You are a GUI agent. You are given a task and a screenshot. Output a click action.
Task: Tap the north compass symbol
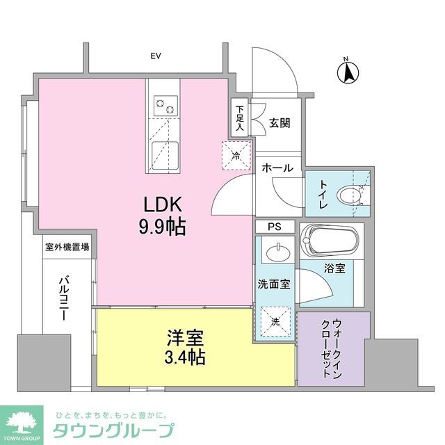(348, 72)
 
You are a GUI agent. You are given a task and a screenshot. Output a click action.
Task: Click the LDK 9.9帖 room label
(163, 216)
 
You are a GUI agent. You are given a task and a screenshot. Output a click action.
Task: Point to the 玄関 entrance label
(280, 123)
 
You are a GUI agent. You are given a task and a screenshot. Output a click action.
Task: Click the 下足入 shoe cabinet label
(239, 118)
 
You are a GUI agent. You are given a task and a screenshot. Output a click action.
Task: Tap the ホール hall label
(277, 168)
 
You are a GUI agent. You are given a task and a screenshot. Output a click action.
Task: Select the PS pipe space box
(276, 227)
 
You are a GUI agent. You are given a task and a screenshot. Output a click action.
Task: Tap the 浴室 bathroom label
(334, 266)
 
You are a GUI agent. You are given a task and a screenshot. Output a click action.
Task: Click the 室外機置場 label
(67, 246)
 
